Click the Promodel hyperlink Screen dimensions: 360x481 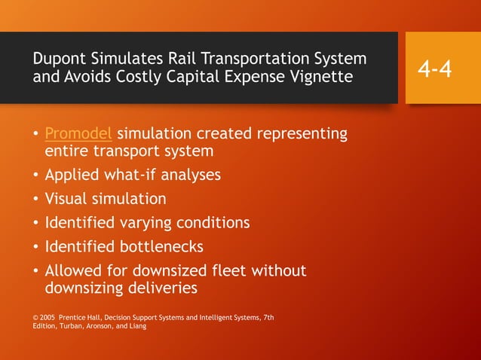pyautogui.click(x=78, y=134)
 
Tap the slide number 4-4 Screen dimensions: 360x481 pyautogui.click(x=435, y=69)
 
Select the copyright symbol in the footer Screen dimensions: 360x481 pyautogui.click(x=36, y=318)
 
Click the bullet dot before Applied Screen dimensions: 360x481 pyautogui.click(x=35, y=175)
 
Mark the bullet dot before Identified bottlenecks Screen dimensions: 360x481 pyautogui.click(x=35, y=247)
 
